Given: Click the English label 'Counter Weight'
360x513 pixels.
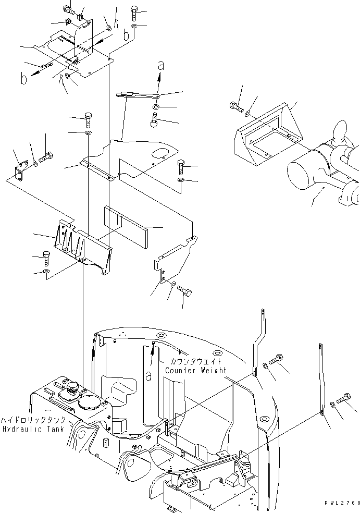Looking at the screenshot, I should click(195, 370).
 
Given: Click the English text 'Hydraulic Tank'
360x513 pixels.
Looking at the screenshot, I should click(32, 428).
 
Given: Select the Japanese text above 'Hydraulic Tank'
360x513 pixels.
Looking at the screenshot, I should click(33, 420).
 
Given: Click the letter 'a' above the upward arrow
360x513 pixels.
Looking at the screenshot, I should click(161, 66).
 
